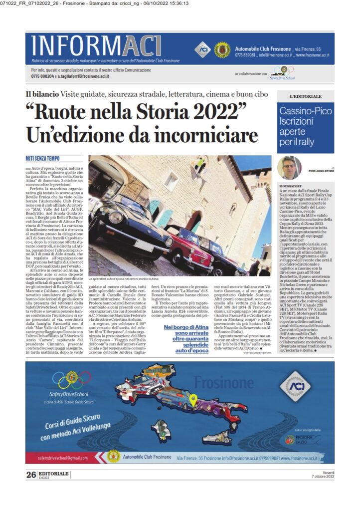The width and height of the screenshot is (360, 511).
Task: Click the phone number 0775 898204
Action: click(42, 76)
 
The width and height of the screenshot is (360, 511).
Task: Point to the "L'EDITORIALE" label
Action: click(305, 96)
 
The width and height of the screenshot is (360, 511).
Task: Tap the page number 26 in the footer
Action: click(31, 475)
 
